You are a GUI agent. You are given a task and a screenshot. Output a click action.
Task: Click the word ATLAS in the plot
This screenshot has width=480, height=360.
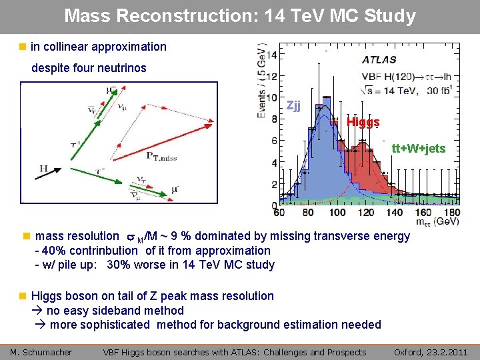click(379, 60)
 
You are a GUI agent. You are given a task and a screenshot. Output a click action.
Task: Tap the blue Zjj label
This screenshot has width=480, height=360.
click(293, 105)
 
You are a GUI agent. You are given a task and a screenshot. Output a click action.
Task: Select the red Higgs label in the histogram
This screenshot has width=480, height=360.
click(363, 122)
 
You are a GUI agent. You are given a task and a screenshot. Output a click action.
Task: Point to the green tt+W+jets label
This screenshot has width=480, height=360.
click(418, 148)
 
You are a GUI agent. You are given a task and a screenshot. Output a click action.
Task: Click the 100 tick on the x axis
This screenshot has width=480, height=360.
click(337, 212)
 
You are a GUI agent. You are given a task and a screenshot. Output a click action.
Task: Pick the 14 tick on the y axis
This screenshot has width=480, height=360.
click(273, 54)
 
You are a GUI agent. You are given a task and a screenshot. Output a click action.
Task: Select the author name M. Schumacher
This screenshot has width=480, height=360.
click(41, 352)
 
